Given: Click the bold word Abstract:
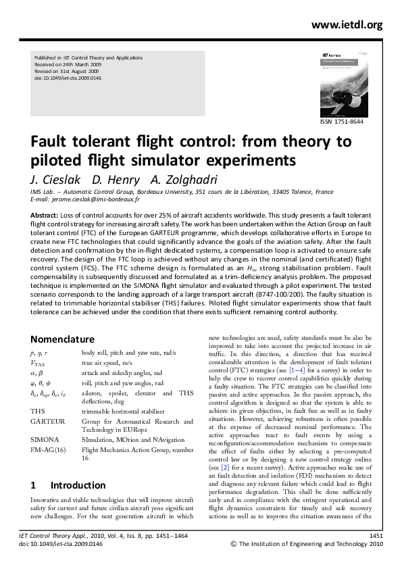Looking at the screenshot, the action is (44, 214).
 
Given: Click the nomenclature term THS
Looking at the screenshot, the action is (38, 410).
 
